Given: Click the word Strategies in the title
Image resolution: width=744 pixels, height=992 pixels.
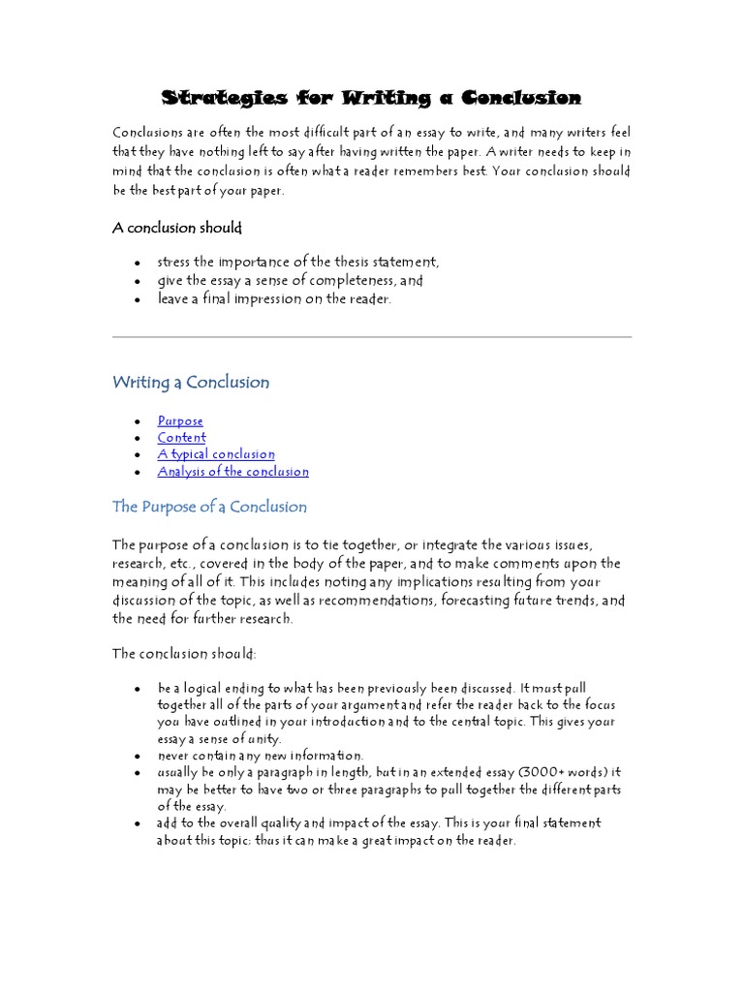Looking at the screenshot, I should coord(224,98).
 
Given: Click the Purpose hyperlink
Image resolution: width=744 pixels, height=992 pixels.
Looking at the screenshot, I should coord(180,420).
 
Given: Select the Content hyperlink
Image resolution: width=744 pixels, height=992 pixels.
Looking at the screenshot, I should coord(181,438).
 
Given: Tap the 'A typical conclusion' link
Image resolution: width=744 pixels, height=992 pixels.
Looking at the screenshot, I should coord(216,454).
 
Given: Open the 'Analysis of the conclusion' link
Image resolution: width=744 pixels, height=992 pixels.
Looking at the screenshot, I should coord(232,472).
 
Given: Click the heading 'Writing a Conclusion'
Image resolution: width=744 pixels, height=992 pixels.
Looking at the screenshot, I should coord(191,382).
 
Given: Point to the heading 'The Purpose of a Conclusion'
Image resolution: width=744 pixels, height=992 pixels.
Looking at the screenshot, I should coord(209,507).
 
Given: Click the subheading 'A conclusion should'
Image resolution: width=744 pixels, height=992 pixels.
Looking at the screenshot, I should coord(177,228).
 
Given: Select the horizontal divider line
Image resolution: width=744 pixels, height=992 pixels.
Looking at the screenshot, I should coord(372,337).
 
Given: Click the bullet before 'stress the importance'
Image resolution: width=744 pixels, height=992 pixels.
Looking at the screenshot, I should coord(138,263).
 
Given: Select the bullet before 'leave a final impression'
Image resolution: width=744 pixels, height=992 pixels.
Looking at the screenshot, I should coord(138,300).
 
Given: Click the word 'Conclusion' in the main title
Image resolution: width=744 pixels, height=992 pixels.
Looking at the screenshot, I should coord(521,98).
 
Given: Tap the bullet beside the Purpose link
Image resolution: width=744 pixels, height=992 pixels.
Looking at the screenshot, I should coord(138,422).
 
